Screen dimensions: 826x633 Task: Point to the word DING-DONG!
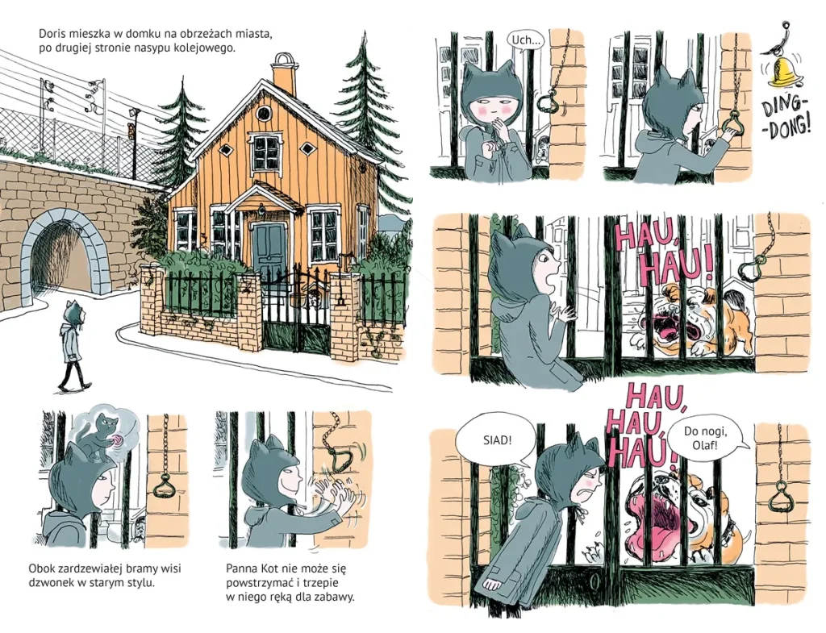(x=786, y=118)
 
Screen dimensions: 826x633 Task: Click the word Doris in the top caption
(x=52, y=34)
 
